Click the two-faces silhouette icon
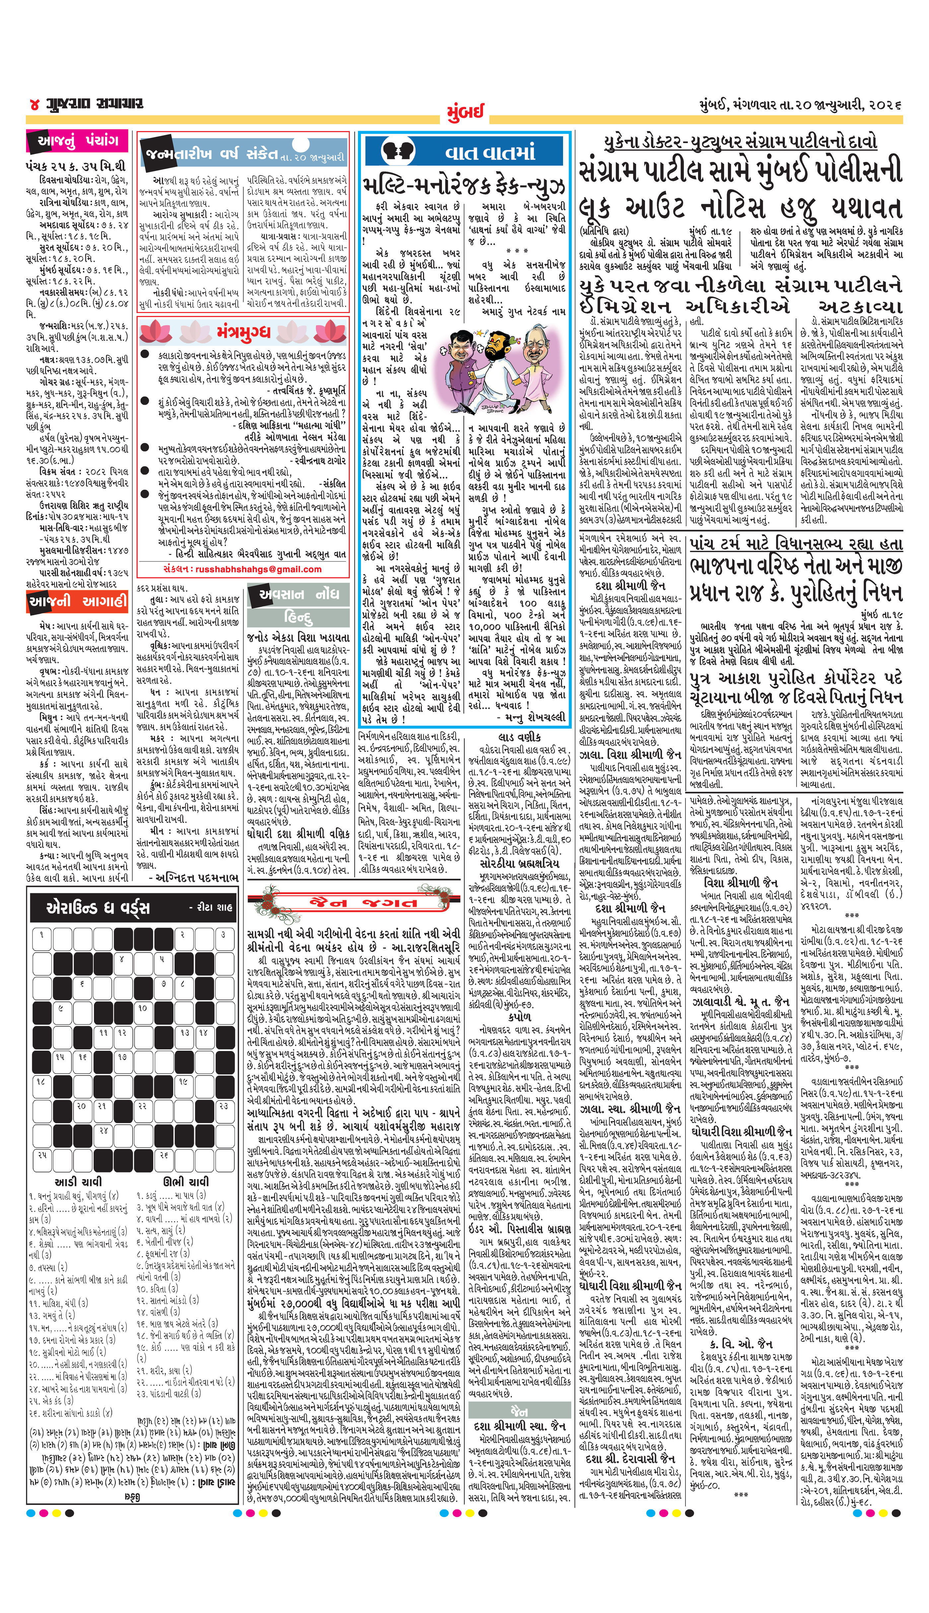(x=397, y=152)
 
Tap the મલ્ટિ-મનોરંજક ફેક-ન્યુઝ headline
(x=464, y=186)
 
